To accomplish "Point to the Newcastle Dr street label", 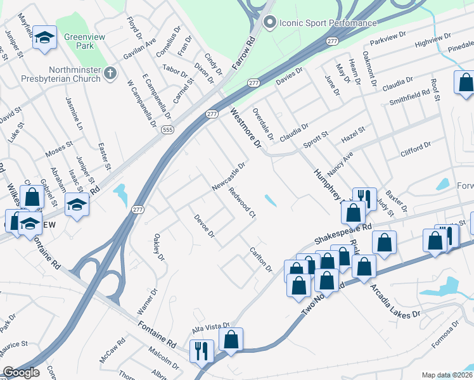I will [x=228, y=174].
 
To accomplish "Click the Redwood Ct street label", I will [x=242, y=203].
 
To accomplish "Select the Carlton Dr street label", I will [x=260, y=260].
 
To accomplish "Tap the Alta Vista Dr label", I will [x=210, y=329].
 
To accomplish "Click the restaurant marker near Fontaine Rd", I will [x=202, y=351].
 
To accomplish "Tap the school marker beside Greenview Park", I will [x=44, y=37].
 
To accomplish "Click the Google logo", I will [x=22, y=372].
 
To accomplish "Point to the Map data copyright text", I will [x=447, y=375].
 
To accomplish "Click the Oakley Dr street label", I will [x=158, y=248].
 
